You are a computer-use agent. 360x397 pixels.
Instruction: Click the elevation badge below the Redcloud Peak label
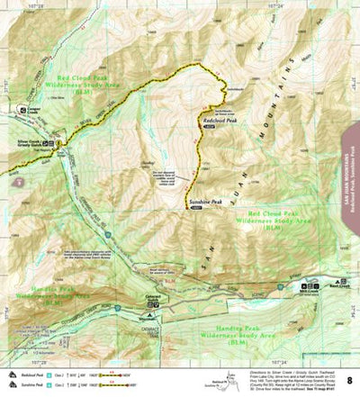click(x=208, y=128)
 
